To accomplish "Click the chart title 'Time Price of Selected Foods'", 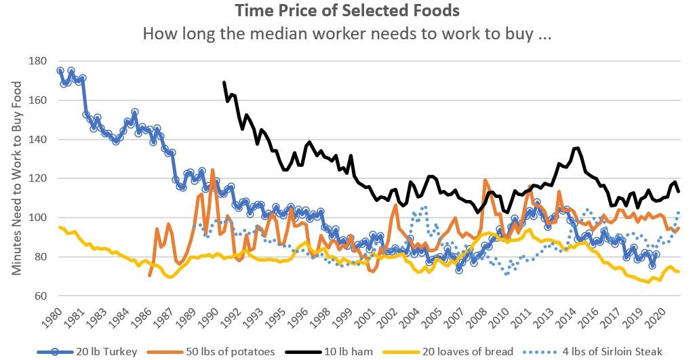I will [x=346, y=12].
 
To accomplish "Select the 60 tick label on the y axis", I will [x=39, y=296].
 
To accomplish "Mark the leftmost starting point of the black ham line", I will [x=224, y=82].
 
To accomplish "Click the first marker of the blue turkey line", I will [x=60, y=71].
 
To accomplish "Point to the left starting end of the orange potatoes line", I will [x=149, y=276].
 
